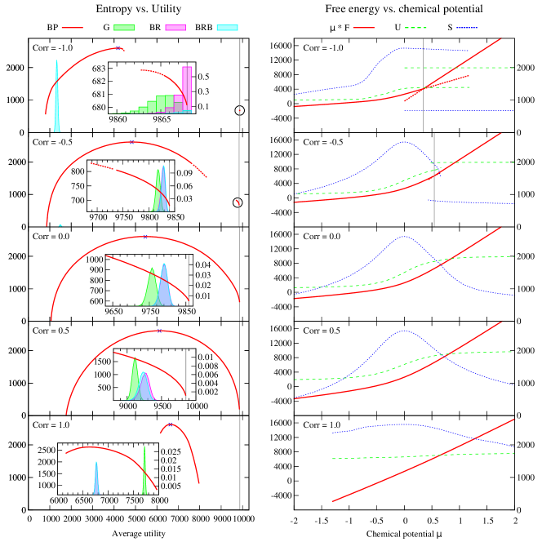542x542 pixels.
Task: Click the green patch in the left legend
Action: click(124, 28)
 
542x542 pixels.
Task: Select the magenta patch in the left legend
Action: click(175, 28)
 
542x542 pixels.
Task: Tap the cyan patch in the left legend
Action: click(227, 28)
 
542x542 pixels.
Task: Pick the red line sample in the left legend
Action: click(72, 28)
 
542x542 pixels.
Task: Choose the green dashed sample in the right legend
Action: click(415, 28)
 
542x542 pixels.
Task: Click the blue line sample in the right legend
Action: click(467, 28)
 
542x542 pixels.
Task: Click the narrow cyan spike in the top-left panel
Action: click(56, 98)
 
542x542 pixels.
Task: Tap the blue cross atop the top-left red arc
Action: click(119, 48)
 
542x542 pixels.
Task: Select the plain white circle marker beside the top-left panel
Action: click(240, 110)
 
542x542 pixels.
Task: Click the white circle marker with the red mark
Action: click(238, 202)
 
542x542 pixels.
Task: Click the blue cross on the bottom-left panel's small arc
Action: click(170, 424)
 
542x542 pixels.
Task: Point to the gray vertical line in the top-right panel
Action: click(423, 86)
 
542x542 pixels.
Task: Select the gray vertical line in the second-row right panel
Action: click(434, 180)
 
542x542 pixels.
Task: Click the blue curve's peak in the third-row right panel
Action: click(403, 237)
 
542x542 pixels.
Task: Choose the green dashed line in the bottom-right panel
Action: click(424, 455)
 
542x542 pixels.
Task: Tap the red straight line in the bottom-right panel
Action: click(424, 461)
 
